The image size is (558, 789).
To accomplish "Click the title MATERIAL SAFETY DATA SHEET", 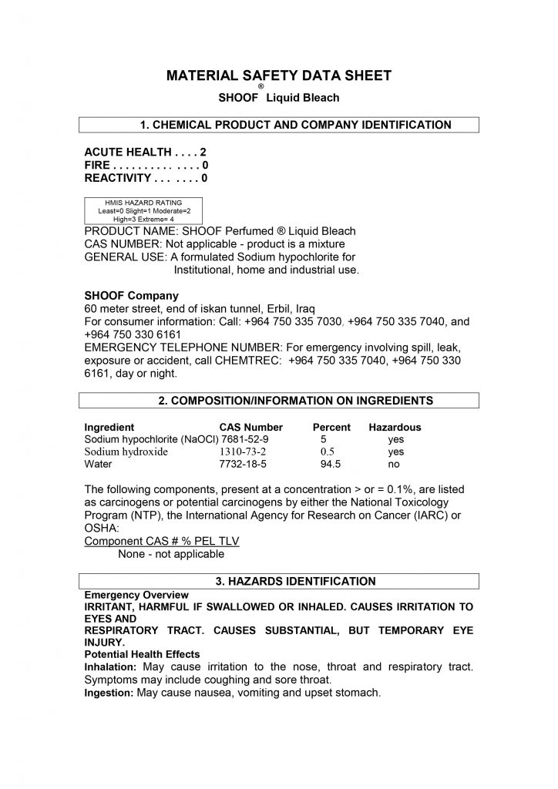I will [x=279, y=76].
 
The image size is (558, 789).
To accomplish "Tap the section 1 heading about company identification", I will [x=279, y=125].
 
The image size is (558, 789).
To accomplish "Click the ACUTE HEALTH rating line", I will [x=145, y=153].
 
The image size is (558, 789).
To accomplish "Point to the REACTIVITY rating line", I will [x=146, y=178].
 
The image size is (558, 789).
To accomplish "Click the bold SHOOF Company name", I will [x=131, y=295].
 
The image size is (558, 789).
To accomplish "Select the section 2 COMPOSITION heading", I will [x=279, y=401].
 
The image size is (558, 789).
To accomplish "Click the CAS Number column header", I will [x=251, y=427].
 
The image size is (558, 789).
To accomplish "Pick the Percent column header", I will [x=331, y=427].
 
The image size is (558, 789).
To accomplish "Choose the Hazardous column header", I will [x=395, y=427].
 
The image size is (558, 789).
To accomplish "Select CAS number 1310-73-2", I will [x=243, y=452].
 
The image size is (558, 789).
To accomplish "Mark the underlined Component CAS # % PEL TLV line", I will [x=162, y=542].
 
